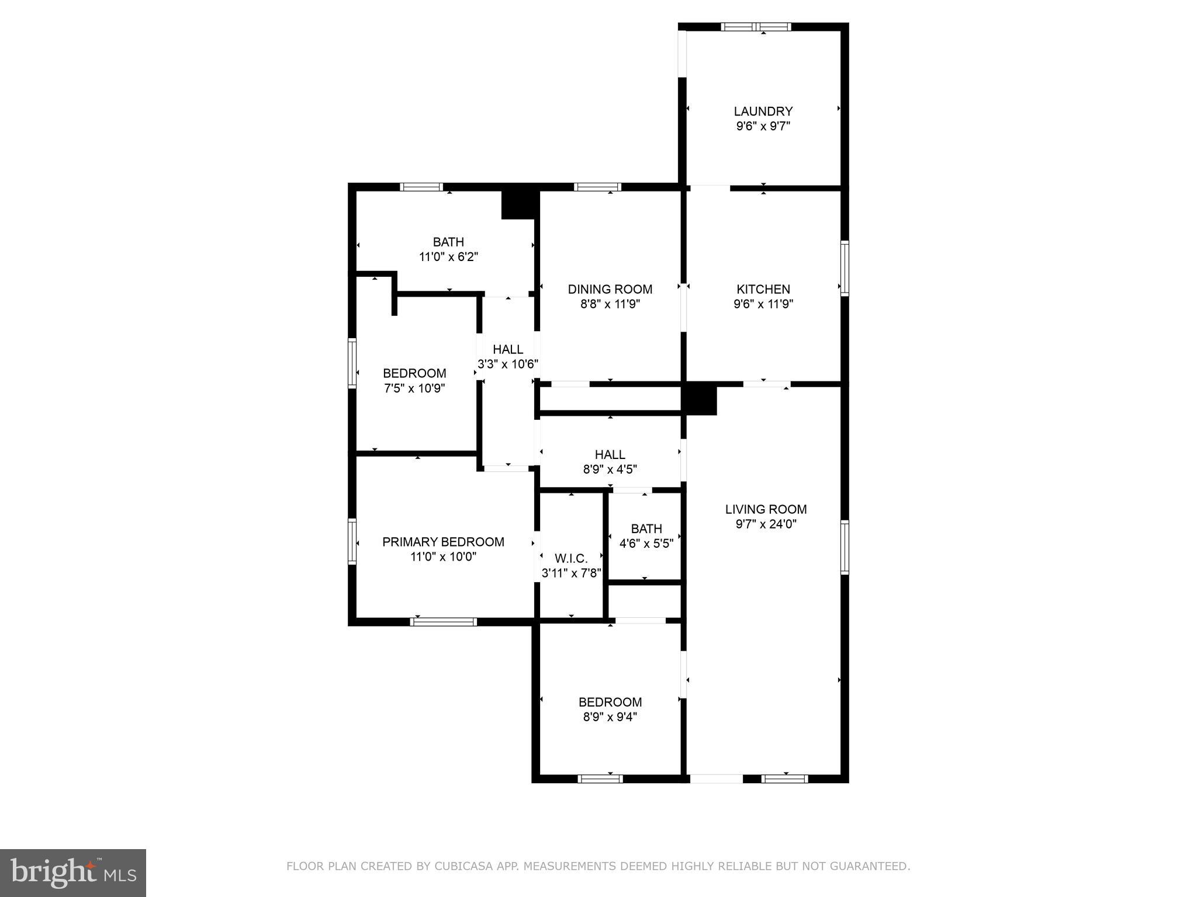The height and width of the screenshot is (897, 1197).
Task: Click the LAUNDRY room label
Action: pos(763,111)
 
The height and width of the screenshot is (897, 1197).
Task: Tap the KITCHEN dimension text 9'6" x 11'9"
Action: pos(763,304)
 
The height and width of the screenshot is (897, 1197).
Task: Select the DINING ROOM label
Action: pos(610,289)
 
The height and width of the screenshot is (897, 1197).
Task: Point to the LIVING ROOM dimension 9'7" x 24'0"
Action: pos(766,524)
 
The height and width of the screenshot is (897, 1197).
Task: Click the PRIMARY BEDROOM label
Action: pos(443,542)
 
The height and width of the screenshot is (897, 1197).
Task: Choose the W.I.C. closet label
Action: pos(571,558)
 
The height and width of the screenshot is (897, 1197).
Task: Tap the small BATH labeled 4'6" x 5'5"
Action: pos(646,529)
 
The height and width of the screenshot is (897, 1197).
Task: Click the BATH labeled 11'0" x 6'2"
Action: pos(448,242)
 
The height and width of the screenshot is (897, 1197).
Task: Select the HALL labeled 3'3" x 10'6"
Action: pos(507,349)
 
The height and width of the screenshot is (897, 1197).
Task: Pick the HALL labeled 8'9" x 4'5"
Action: pos(610,454)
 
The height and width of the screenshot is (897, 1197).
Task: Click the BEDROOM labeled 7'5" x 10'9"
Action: pos(414,373)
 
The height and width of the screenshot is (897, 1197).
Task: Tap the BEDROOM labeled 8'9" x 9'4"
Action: pos(610,702)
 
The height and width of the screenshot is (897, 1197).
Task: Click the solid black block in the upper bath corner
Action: pos(519,204)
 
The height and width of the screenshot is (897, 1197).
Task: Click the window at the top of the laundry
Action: pos(756,27)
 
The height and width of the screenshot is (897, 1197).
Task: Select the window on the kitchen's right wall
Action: pos(844,268)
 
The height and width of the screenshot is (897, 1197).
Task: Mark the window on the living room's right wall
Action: pos(844,547)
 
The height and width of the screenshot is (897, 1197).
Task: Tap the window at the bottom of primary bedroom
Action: pos(443,622)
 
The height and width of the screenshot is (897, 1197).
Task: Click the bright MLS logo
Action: pos(72,873)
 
